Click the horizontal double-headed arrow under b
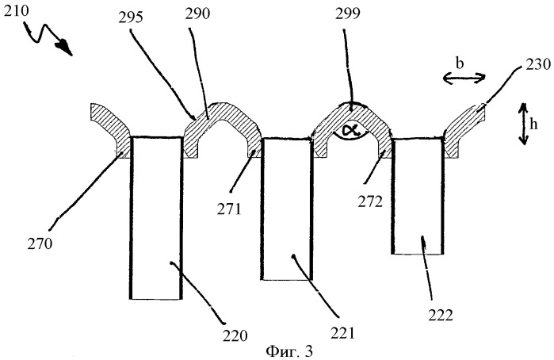464,78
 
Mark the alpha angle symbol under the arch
349,131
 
